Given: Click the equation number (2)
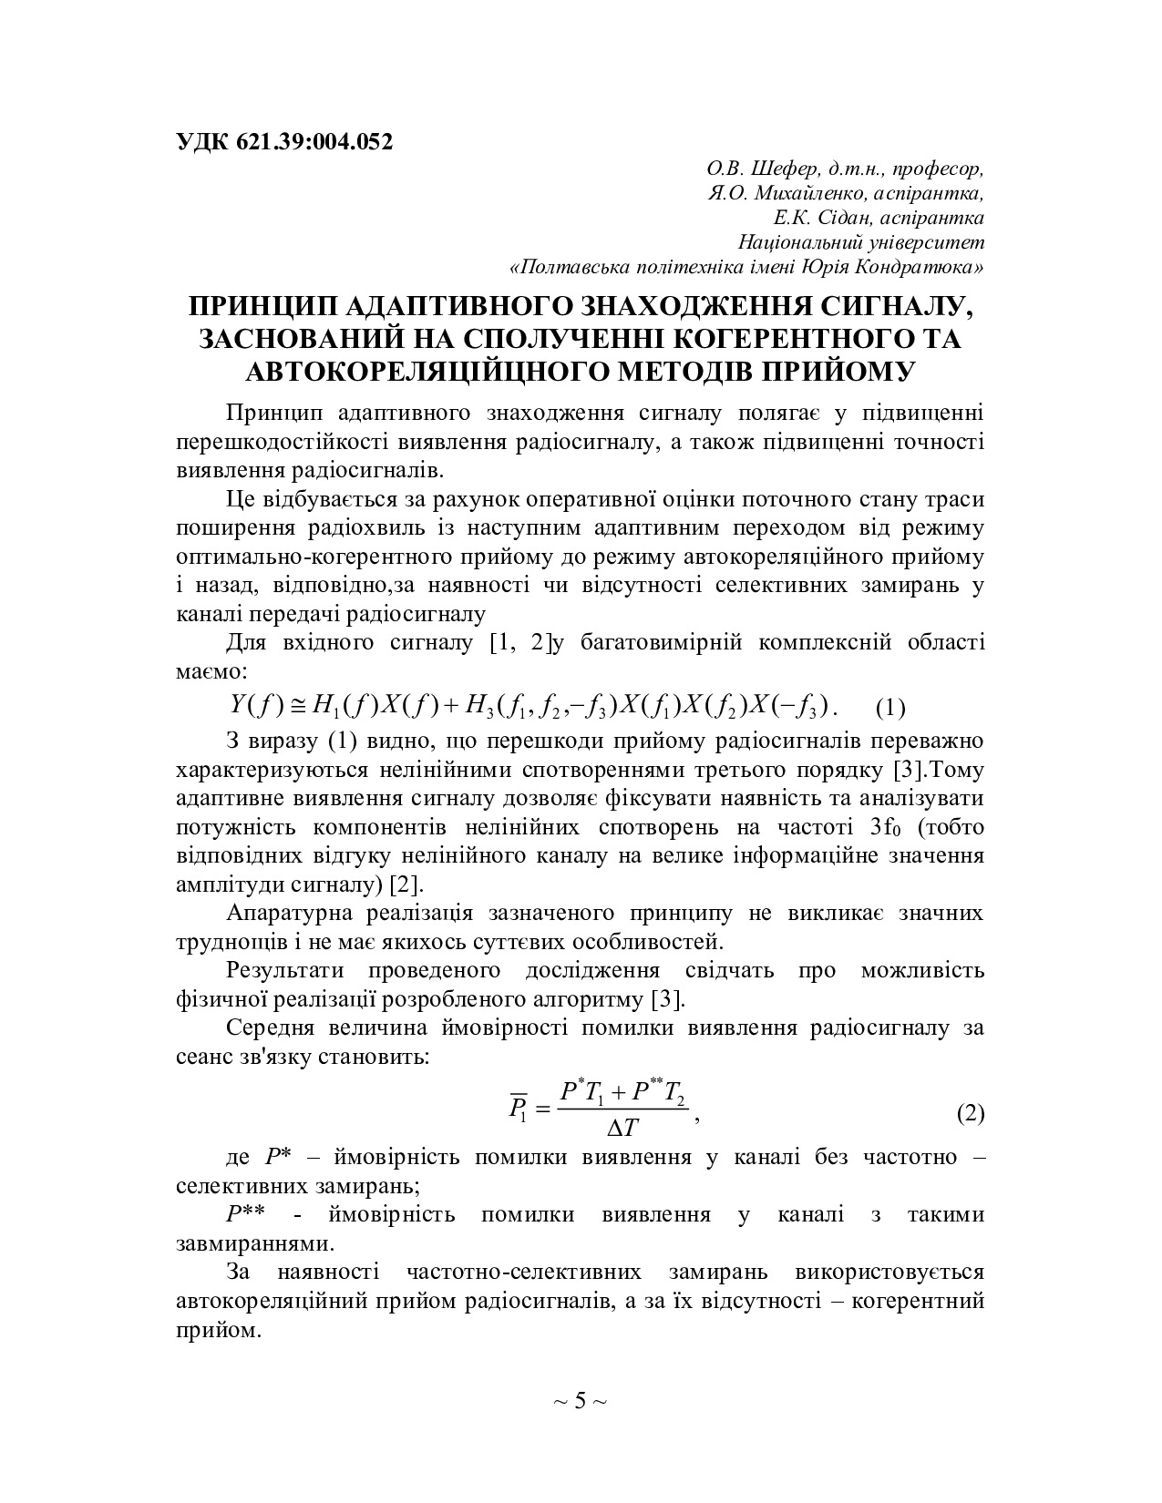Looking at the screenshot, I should pos(970,1113).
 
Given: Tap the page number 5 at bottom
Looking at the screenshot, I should pos(580,1400).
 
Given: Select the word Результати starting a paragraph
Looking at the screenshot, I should pos(286,970).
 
